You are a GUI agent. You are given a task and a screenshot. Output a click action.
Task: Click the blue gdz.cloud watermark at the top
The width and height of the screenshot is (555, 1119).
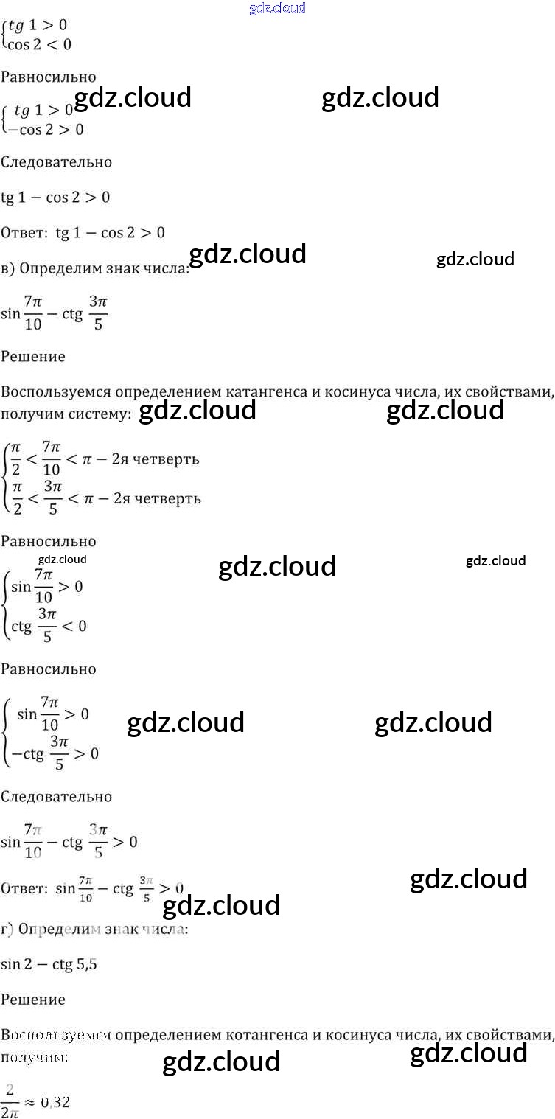[277, 9]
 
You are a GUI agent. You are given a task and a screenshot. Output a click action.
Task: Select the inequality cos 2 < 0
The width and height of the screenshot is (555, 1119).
[38, 44]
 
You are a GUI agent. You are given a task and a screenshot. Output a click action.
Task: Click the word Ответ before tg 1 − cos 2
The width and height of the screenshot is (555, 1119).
[24, 233]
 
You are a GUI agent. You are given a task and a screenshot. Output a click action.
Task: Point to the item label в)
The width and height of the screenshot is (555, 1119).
[8, 269]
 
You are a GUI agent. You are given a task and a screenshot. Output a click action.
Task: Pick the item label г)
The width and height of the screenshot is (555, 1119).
[7, 930]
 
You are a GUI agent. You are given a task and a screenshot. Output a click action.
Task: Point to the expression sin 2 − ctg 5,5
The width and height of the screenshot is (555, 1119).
[49, 964]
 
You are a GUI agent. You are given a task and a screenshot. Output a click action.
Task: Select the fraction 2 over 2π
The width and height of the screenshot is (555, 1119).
[11, 1101]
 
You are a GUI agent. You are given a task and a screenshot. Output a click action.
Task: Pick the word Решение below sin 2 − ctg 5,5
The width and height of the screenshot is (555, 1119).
[33, 1000]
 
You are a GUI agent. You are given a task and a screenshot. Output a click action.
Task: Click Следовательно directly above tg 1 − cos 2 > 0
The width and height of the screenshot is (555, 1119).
[56, 162]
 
